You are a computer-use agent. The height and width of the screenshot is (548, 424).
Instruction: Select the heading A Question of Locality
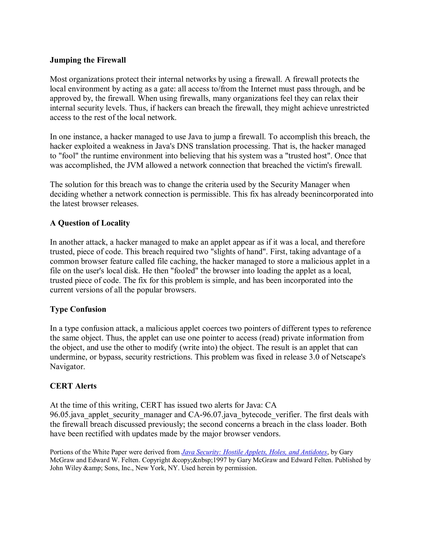click(90, 223)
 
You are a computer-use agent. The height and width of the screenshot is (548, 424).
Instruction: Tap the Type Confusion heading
click(78, 309)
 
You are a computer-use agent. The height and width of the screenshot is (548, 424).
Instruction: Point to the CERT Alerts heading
click(73, 386)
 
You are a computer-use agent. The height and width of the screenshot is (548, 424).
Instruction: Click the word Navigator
click(67, 367)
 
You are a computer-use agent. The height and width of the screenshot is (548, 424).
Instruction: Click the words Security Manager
click(310, 185)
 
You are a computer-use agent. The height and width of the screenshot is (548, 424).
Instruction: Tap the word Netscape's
click(348, 357)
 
